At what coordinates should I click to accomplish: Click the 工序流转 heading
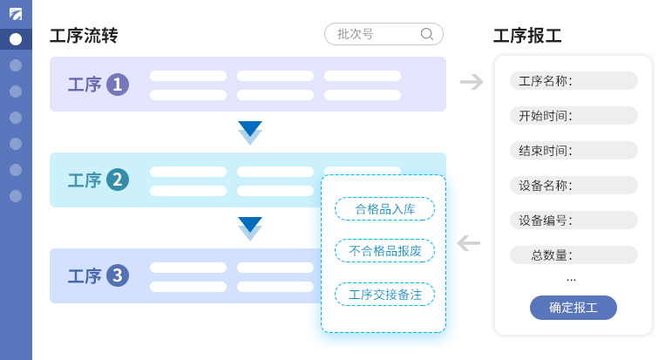(84, 36)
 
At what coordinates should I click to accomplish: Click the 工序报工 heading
(527, 36)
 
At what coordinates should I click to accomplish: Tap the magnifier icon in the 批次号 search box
(427, 34)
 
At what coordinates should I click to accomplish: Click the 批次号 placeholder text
(356, 34)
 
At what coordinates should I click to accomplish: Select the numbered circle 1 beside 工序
(118, 85)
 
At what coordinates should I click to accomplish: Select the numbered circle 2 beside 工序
(118, 180)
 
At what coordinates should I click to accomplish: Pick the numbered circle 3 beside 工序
(118, 276)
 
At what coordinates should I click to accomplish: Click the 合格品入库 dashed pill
(384, 209)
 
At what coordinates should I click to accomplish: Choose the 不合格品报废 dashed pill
(384, 251)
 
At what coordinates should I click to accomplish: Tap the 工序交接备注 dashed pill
(384, 295)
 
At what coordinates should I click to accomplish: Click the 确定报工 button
(573, 308)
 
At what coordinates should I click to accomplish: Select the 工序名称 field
(573, 81)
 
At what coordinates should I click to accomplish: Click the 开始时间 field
(573, 116)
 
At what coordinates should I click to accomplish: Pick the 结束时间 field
(573, 151)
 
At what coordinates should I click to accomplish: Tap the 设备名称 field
(573, 186)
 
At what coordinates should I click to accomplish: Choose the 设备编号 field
(573, 221)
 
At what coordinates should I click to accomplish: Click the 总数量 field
(573, 255)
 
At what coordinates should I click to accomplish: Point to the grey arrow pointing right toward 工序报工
(472, 82)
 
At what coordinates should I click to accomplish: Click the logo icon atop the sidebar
(16, 13)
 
